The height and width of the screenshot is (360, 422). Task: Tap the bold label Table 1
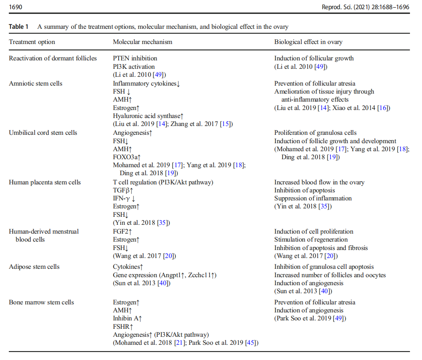[x=19, y=27]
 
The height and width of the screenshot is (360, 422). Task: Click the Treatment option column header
[x=32, y=42]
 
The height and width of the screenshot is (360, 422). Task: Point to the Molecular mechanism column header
[x=143, y=42]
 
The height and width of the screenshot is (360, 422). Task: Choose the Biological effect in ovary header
[x=308, y=42]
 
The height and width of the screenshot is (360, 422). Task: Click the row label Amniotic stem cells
[x=36, y=83]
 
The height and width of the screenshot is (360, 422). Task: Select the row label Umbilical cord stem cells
[x=43, y=133]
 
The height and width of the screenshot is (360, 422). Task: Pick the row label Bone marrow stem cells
[x=41, y=302]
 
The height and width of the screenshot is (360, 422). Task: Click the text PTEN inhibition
[x=135, y=58]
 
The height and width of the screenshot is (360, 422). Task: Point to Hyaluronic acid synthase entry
[x=148, y=116]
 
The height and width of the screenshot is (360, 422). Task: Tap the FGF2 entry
[x=123, y=232]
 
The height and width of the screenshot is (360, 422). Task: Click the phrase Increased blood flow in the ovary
[x=319, y=182]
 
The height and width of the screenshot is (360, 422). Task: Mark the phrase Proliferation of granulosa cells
[x=315, y=133]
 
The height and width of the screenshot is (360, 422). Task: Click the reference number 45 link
[x=253, y=343]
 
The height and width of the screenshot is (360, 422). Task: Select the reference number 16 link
[x=383, y=108]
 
